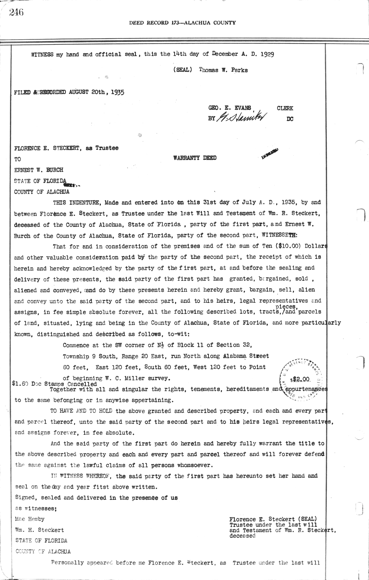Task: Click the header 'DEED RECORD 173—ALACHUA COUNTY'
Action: (x=182, y=22)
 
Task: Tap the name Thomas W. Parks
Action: (x=223, y=70)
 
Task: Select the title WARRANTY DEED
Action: (x=195, y=158)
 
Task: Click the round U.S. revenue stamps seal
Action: (x=300, y=379)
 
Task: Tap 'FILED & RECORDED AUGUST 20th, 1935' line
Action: (x=69, y=92)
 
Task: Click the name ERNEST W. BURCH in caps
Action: (x=39, y=170)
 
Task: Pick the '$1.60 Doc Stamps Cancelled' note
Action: (x=55, y=384)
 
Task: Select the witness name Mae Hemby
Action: (x=30, y=519)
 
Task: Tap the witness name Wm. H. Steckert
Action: (x=39, y=530)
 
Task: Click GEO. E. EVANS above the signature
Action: (x=229, y=108)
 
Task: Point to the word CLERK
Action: (x=285, y=108)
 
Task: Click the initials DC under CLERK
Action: (x=290, y=119)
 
